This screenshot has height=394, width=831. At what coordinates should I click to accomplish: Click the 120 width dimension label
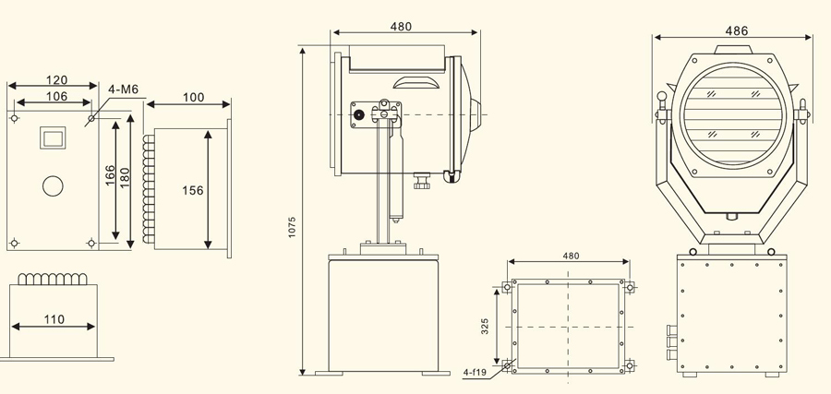coord(56,80)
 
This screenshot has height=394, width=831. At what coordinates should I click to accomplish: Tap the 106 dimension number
coord(56,96)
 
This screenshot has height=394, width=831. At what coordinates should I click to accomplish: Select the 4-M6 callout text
coord(123,89)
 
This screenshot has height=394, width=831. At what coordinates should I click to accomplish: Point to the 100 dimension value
coord(194,98)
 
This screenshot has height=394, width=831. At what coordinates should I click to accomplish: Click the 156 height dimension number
coord(193,191)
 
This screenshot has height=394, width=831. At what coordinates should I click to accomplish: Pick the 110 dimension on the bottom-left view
coord(54,319)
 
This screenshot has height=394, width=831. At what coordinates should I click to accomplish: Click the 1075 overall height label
coord(292,227)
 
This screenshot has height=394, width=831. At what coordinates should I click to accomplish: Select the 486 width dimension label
coord(737,30)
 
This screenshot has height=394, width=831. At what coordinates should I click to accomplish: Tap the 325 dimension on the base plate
coord(485,327)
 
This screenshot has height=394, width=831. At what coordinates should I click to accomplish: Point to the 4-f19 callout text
coord(475,372)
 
